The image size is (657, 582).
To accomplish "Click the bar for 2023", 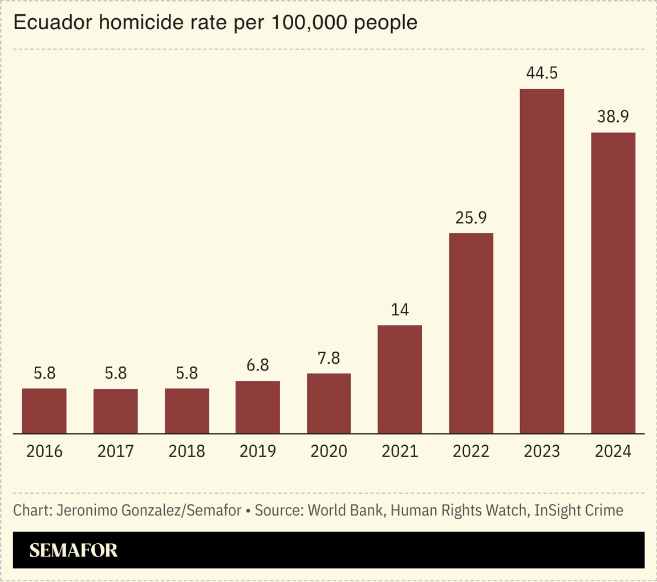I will pyautogui.click(x=542, y=261).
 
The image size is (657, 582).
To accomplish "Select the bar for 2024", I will pyautogui.click(x=613, y=283).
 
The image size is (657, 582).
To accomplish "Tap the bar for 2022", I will pyautogui.click(x=471, y=333).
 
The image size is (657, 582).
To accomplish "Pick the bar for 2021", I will pyautogui.click(x=400, y=379).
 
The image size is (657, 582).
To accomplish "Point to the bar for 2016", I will pyautogui.click(x=44, y=410).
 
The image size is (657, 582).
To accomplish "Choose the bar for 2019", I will pyautogui.click(x=258, y=407).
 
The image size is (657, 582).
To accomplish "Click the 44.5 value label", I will pyautogui.click(x=542, y=74).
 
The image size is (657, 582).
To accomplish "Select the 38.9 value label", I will pyautogui.click(x=613, y=117).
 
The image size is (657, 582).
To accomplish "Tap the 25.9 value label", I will pyautogui.click(x=471, y=218).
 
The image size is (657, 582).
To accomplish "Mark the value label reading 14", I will pyautogui.click(x=400, y=310).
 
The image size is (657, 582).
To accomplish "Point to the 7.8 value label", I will pyautogui.click(x=328, y=359).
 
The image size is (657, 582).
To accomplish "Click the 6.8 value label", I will pyautogui.click(x=258, y=365).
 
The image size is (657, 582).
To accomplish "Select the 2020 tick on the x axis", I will pyautogui.click(x=328, y=451).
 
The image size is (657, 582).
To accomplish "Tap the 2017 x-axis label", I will pyautogui.click(x=116, y=451).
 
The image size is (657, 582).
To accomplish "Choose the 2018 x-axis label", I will pyautogui.click(x=187, y=451).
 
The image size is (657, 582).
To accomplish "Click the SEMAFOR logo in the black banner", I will pyautogui.click(x=74, y=550).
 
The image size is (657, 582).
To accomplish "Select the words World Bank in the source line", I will pyautogui.click(x=347, y=510).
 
